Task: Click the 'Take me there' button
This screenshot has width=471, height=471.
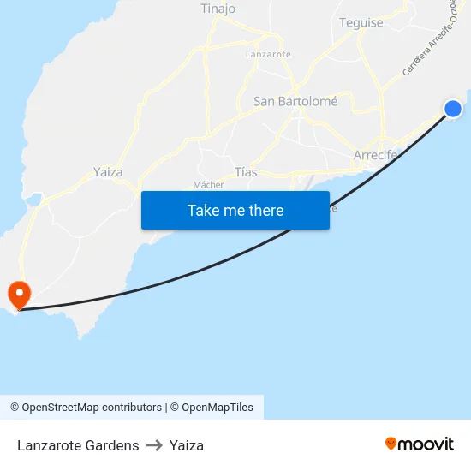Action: click(x=235, y=210)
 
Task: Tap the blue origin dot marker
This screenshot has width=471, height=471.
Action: click(x=453, y=109)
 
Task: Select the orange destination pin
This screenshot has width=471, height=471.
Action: click(x=18, y=295)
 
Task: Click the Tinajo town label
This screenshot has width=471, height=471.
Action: click(x=218, y=9)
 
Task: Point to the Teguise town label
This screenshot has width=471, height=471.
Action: click(x=361, y=23)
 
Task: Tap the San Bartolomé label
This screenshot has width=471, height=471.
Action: click(x=295, y=101)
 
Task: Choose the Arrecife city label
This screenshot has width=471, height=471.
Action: click(x=375, y=155)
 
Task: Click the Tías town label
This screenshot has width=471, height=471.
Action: click(x=246, y=172)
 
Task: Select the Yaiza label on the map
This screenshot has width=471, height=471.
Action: click(x=108, y=171)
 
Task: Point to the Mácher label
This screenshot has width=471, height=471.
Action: click(x=208, y=184)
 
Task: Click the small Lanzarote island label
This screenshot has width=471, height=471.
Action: click(x=268, y=54)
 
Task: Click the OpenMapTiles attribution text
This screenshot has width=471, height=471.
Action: click(x=218, y=408)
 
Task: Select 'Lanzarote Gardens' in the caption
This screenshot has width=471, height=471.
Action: click(x=78, y=445)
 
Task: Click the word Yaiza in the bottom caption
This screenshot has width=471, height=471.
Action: click(x=187, y=445)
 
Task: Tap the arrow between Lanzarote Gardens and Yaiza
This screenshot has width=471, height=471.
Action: click(x=154, y=445)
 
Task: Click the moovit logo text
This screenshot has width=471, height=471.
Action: click(x=426, y=444)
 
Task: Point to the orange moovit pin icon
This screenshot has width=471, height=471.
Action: click(x=391, y=444)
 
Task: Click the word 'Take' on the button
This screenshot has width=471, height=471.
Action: click(x=202, y=210)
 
